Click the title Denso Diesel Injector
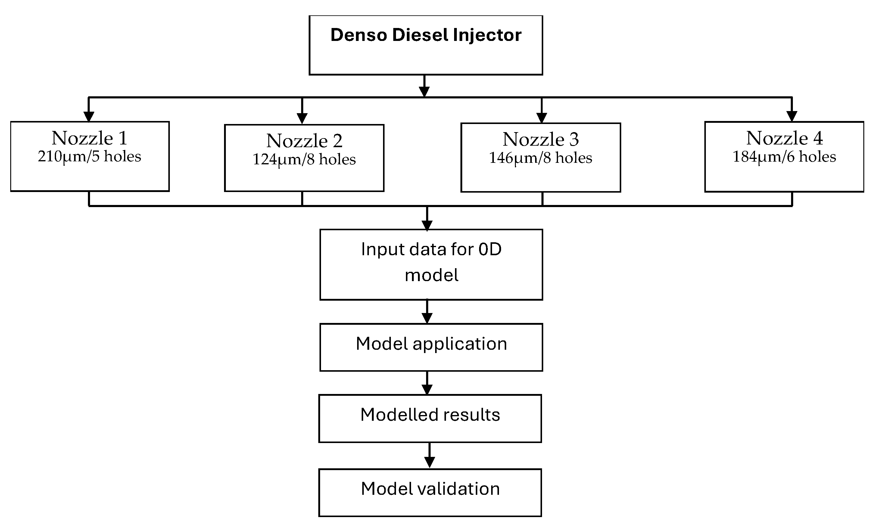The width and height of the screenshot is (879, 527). tap(425, 35)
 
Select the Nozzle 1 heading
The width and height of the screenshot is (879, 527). tap(89, 138)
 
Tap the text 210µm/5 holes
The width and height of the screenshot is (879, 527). tap(89, 157)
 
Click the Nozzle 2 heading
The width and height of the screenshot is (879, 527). tap(304, 141)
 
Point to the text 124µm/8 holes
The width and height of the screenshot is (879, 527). tap(304, 160)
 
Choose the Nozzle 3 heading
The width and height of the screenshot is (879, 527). tap(541, 139)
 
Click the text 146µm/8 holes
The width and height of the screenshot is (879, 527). tap(541, 158)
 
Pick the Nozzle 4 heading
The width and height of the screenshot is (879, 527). tap(784, 138)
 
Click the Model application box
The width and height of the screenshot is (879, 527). tap(431, 347)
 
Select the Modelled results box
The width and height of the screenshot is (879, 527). tap(430, 418)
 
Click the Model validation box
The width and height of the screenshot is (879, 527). tap(430, 492)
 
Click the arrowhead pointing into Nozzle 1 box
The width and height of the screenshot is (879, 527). tap(89, 116)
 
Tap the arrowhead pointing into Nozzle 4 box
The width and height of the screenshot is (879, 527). tap(792, 116)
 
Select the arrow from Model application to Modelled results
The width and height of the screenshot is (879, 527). tap(427, 383)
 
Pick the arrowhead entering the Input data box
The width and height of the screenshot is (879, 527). tap(427, 225)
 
